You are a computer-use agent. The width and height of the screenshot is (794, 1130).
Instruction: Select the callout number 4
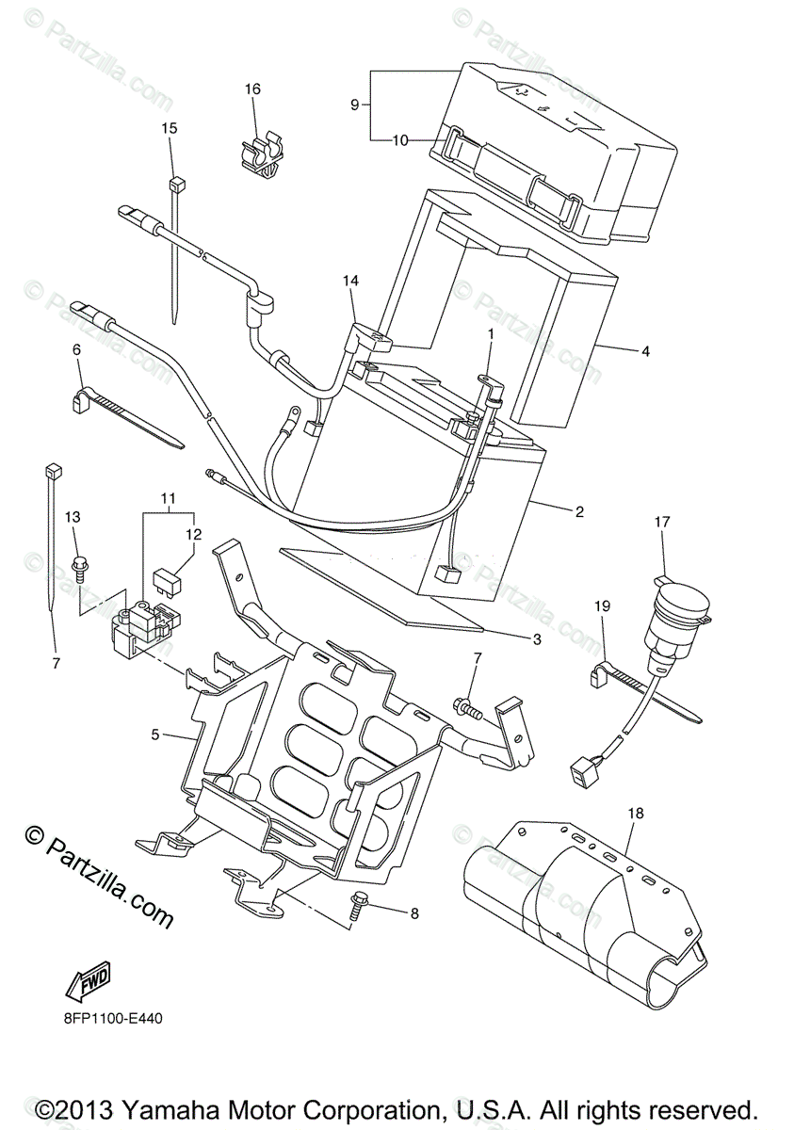[645, 351]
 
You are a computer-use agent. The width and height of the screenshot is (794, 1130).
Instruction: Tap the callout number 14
[351, 281]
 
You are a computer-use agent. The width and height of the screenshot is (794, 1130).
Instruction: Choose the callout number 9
[355, 105]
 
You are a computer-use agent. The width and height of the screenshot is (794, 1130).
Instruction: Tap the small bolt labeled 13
[79, 567]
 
